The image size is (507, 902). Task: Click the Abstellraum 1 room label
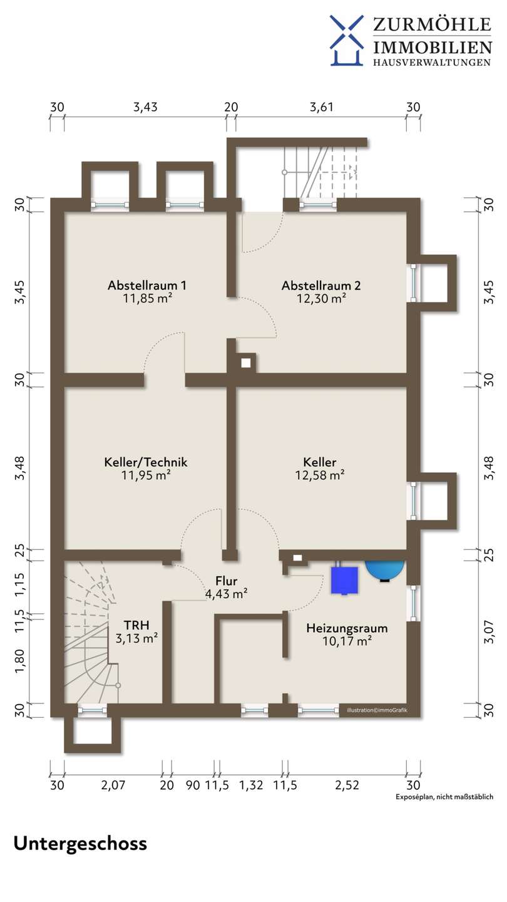point(147,285)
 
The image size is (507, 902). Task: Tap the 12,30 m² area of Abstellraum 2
point(322,298)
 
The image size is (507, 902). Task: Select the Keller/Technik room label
point(146,462)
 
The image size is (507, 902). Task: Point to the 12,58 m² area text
point(320,475)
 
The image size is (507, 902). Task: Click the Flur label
point(226,581)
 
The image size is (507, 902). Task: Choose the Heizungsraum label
point(347,628)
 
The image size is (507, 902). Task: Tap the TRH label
point(136,625)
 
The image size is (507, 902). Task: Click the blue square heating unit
point(344,580)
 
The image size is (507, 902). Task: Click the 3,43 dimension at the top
point(145,107)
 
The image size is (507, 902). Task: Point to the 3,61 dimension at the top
point(322,107)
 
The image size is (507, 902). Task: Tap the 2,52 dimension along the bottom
point(347,785)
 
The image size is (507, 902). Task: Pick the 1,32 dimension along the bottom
point(251,785)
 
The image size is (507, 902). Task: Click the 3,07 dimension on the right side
point(488,632)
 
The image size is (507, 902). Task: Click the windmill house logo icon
point(347,40)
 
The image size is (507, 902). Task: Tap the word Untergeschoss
point(80,844)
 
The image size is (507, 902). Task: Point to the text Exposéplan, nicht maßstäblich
point(444,797)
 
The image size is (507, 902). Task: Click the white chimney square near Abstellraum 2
point(246,363)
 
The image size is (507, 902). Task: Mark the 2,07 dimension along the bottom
point(113,785)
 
